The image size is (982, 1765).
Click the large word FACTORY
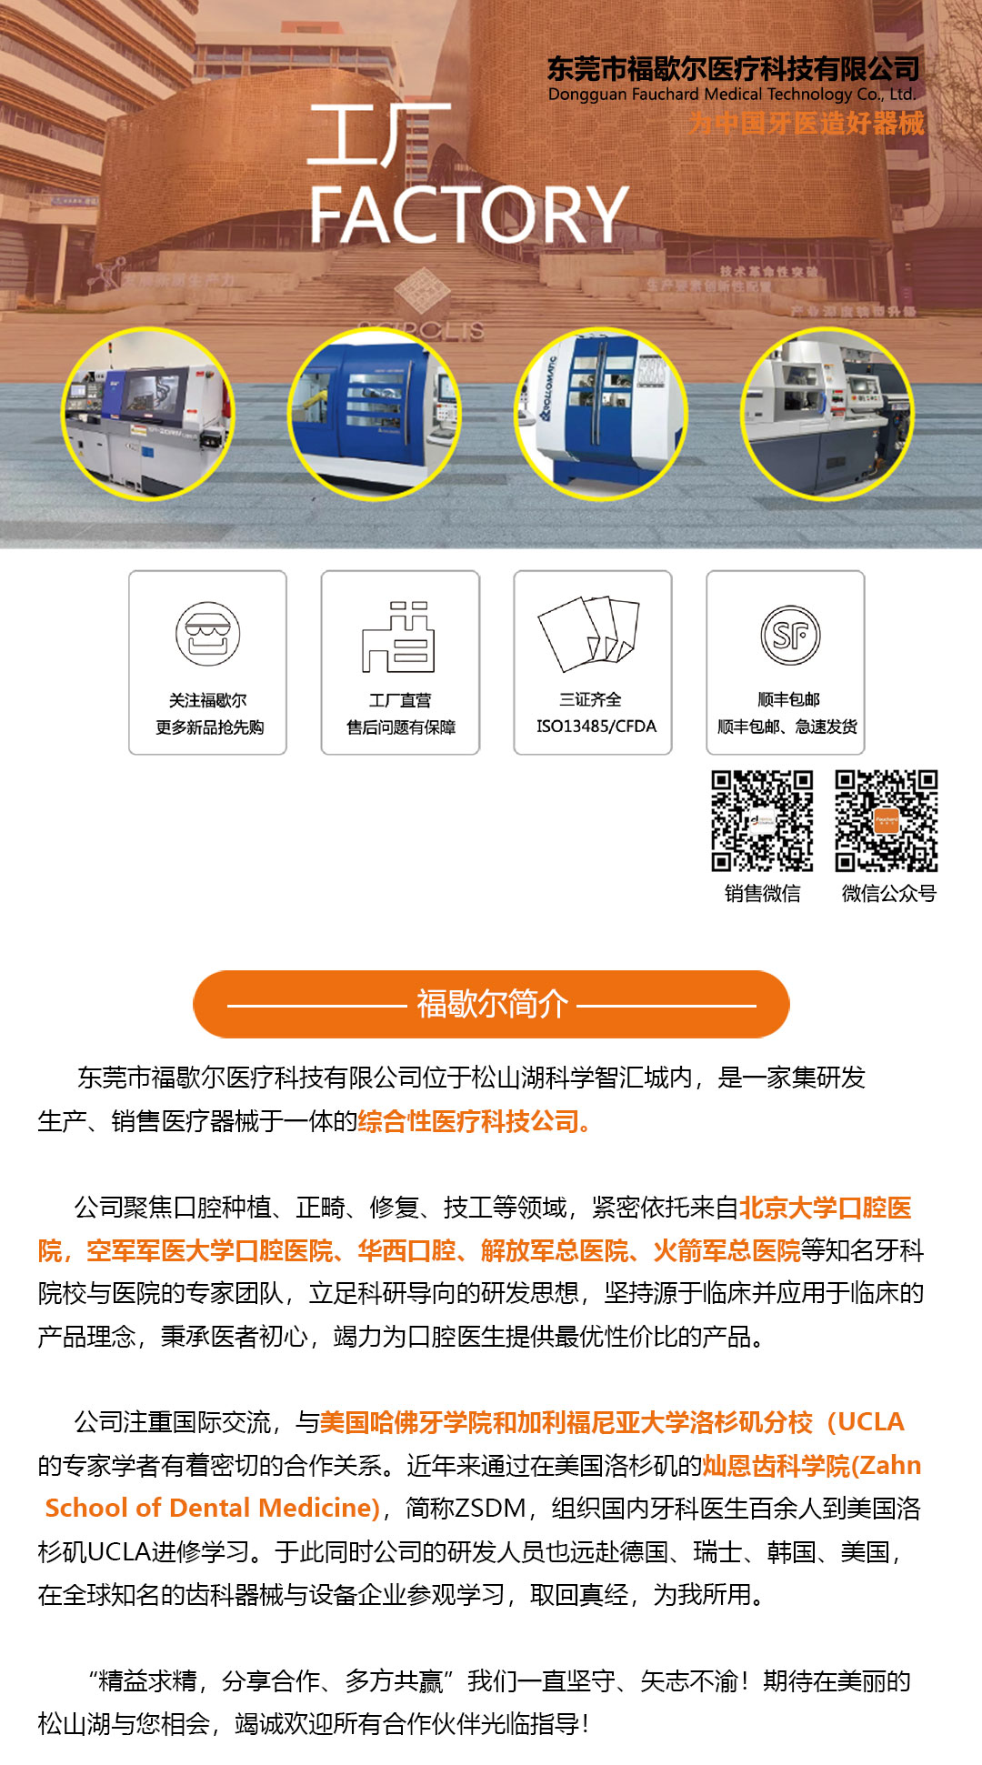pyautogui.click(x=468, y=215)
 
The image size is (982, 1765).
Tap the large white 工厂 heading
pyautogui.click(x=377, y=135)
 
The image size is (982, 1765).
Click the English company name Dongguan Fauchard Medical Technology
pyautogui.click(x=731, y=95)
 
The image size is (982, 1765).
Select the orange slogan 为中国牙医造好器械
pyautogui.click(x=806, y=123)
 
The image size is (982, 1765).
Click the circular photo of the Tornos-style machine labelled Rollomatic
pyautogui.click(x=601, y=414)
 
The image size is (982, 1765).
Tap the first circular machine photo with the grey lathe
pyautogui.click(x=147, y=414)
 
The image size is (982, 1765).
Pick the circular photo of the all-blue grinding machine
pyautogui.click(x=374, y=414)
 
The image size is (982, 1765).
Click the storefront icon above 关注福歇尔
pyautogui.click(x=207, y=634)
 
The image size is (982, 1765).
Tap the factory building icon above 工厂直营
pyautogui.click(x=399, y=637)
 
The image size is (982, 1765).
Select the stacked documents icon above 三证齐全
pyautogui.click(x=589, y=633)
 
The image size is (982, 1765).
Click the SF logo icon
pyautogui.click(x=789, y=635)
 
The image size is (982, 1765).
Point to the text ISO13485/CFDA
pyautogui.click(x=596, y=726)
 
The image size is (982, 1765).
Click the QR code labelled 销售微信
pyautogui.click(x=762, y=820)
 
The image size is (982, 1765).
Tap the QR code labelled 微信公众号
pyautogui.click(x=887, y=820)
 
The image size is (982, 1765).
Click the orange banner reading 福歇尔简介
pyautogui.click(x=491, y=1004)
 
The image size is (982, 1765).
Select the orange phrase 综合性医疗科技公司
pyautogui.click(x=473, y=1121)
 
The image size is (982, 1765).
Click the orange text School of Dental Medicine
pyautogui.click(x=212, y=1508)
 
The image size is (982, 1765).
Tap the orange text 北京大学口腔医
pyautogui.click(x=825, y=1208)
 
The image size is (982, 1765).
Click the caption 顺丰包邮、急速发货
pyautogui.click(x=787, y=726)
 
